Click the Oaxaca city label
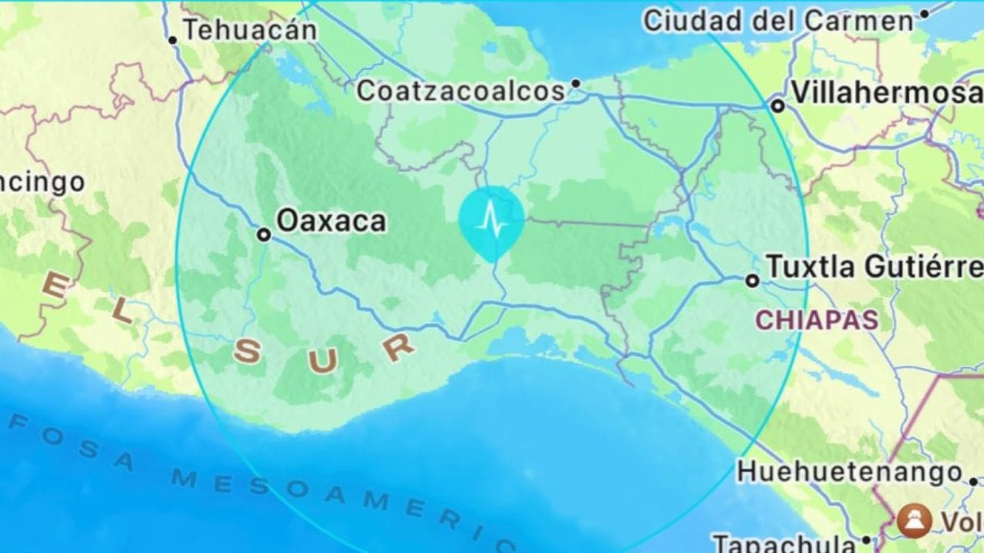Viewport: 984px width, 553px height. [x=331, y=221]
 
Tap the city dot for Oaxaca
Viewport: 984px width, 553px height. [x=264, y=234]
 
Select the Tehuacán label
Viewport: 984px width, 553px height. [x=250, y=30]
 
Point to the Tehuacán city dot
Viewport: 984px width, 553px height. [x=173, y=40]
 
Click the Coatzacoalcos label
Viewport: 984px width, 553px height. [x=461, y=91]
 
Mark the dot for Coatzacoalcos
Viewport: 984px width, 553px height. [x=576, y=84]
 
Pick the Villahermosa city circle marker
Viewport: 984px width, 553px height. [x=777, y=106]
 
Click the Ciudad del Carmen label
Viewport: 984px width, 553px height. [x=778, y=22]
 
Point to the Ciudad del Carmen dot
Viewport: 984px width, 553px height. [x=924, y=14]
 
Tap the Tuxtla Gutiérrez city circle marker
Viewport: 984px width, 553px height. [x=752, y=281]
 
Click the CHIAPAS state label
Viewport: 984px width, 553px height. [x=817, y=320]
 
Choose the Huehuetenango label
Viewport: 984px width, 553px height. [x=849, y=472]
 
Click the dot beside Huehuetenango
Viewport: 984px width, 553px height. [x=973, y=482]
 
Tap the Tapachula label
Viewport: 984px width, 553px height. [x=784, y=543]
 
